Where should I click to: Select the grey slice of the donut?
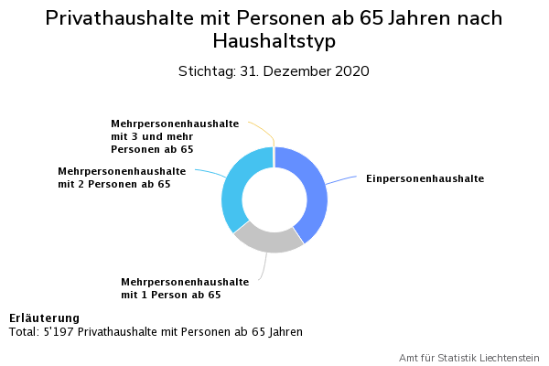point(267,239)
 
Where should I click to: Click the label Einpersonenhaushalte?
point(425,178)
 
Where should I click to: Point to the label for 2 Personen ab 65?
point(122,178)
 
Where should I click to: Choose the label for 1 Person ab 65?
point(185,288)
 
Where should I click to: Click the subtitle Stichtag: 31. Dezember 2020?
point(274,71)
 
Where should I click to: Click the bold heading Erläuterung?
point(44,318)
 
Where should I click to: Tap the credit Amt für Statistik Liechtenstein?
point(468,357)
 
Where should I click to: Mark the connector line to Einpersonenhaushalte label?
point(343,178)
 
